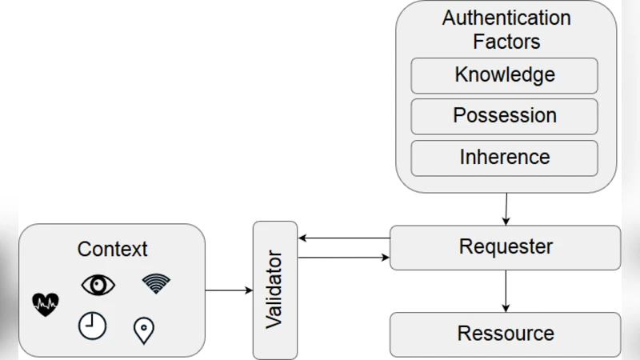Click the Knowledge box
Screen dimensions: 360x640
pyautogui.click(x=504, y=75)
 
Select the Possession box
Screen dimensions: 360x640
pyautogui.click(x=504, y=116)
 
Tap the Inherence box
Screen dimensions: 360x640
pyautogui.click(x=504, y=158)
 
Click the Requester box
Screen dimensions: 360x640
pyautogui.click(x=505, y=247)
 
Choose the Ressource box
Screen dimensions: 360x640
pyautogui.click(x=505, y=334)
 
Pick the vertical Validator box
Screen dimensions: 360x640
pyautogui.click(x=275, y=290)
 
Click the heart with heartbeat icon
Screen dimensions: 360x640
pyautogui.click(x=46, y=303)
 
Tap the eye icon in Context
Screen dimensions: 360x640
pyautogui.click(x=98, y=284)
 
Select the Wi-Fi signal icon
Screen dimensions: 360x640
pyautogui.click(x=156, y=283)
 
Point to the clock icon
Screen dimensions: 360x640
pyautogui.click(x=92, y=325)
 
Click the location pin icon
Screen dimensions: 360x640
pyautogui.click(x=144, y=330)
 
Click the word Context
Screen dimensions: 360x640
pyautogui.click(x=112, y=249)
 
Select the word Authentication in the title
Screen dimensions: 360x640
pyautogui.click(x=506, y=18)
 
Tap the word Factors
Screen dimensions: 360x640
pyautogui.click(x=506, y=41)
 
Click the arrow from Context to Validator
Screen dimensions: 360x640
pyautogui.click(x=229, y=290)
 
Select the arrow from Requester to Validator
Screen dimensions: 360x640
pyautogui.click(x=343, y=238)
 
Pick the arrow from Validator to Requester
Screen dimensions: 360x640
pyautogui.click(x=343, y=258)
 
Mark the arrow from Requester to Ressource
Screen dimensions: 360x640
pyautogui.click(x=506, y=290)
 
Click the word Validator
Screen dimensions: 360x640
pyautogui.click(x=275, y=290)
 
